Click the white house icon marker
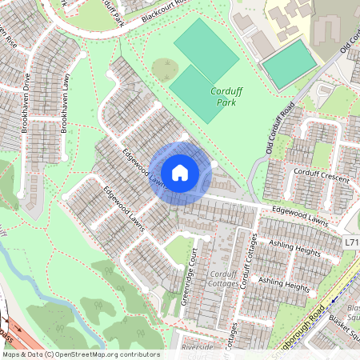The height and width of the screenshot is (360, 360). pyautogui.click(x=180, y=172)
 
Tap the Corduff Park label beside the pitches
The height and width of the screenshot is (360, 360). pyautogui.click(x=226, y=97)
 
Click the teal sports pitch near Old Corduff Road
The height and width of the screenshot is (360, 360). pyautogui.click(x=289, y=64)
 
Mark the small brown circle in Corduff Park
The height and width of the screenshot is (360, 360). pyautogui.click(x=165, y=70)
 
